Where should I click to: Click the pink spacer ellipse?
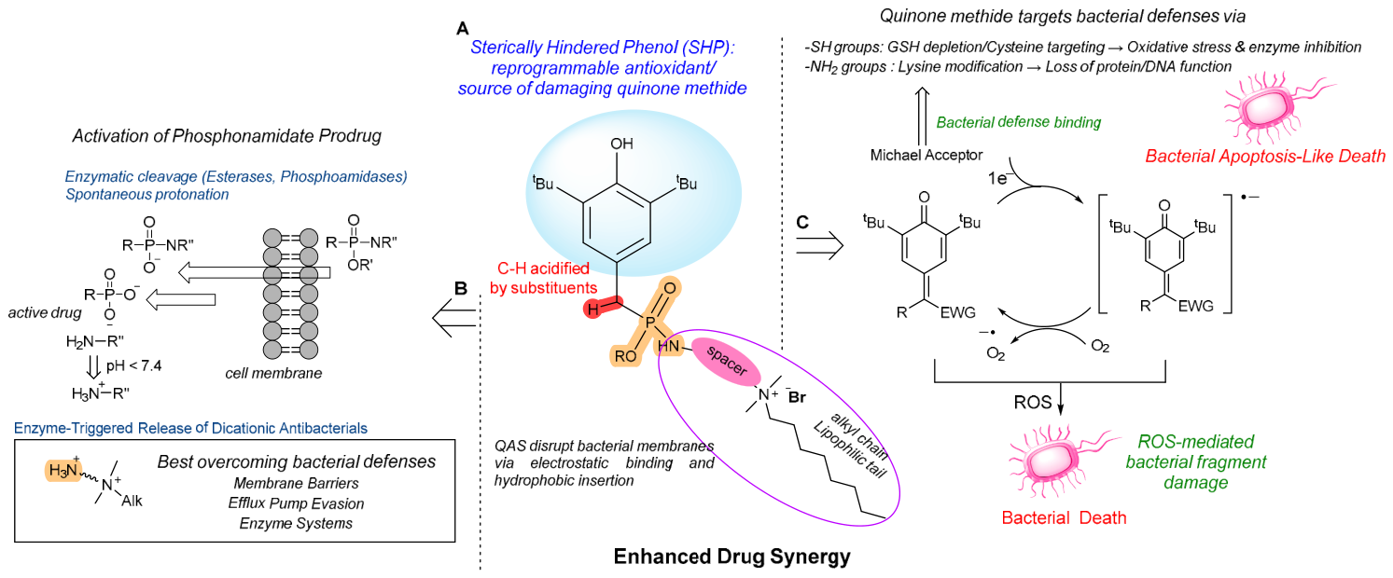tap(726, 362)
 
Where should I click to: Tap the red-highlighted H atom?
tap(593, 309)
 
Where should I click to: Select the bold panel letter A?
tap(463, 29)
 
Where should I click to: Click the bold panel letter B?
tap(461, 288)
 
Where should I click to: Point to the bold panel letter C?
tap(802, 223)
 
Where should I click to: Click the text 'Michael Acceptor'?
tap(926, 155)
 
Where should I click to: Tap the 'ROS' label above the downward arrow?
tap(1032, 403)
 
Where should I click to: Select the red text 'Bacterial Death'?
tap(1064, 517)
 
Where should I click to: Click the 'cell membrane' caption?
tap(273, 374)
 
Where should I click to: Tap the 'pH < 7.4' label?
tap(133, 366)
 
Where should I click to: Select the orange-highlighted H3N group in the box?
tap(63, 471)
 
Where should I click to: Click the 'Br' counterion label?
tap(797, 398)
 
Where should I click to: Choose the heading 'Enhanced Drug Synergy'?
tap(731, 557)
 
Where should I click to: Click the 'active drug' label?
tap(45, 312)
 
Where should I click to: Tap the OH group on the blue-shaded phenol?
tap(621, 144)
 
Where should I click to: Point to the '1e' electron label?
tap(998, 178)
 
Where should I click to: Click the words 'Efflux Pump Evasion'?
tap(296, 503)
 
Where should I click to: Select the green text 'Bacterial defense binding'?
tap(1019, 122)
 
